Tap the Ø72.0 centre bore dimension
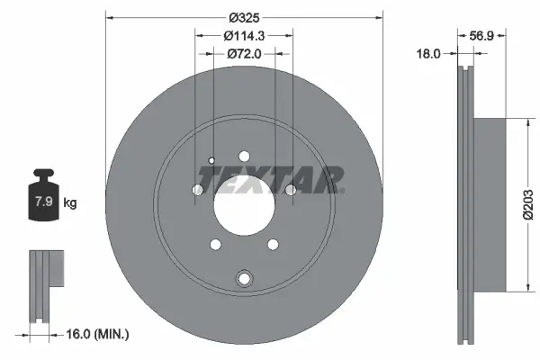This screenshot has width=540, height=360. pyautogui.click(x=243, y=55)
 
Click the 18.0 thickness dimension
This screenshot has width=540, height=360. pyautogui.click(x=429, y=53)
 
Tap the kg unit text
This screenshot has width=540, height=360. pyautogui.click(x=70, y=203)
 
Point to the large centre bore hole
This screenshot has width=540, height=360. pyautogui.click(x=244, y=204)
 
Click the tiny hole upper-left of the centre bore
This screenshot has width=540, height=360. pyautogui.click(x=211, y=161)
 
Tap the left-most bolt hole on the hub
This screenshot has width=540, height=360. pyautogui.click(x=198, y=189)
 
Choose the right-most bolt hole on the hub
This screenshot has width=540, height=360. pyautogui.click(x=290, y=189)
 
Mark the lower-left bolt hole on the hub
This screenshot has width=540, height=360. pyautogui.click(x=215, y=244)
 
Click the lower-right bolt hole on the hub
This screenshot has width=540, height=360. pyautogui.click(x=272, y=244)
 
